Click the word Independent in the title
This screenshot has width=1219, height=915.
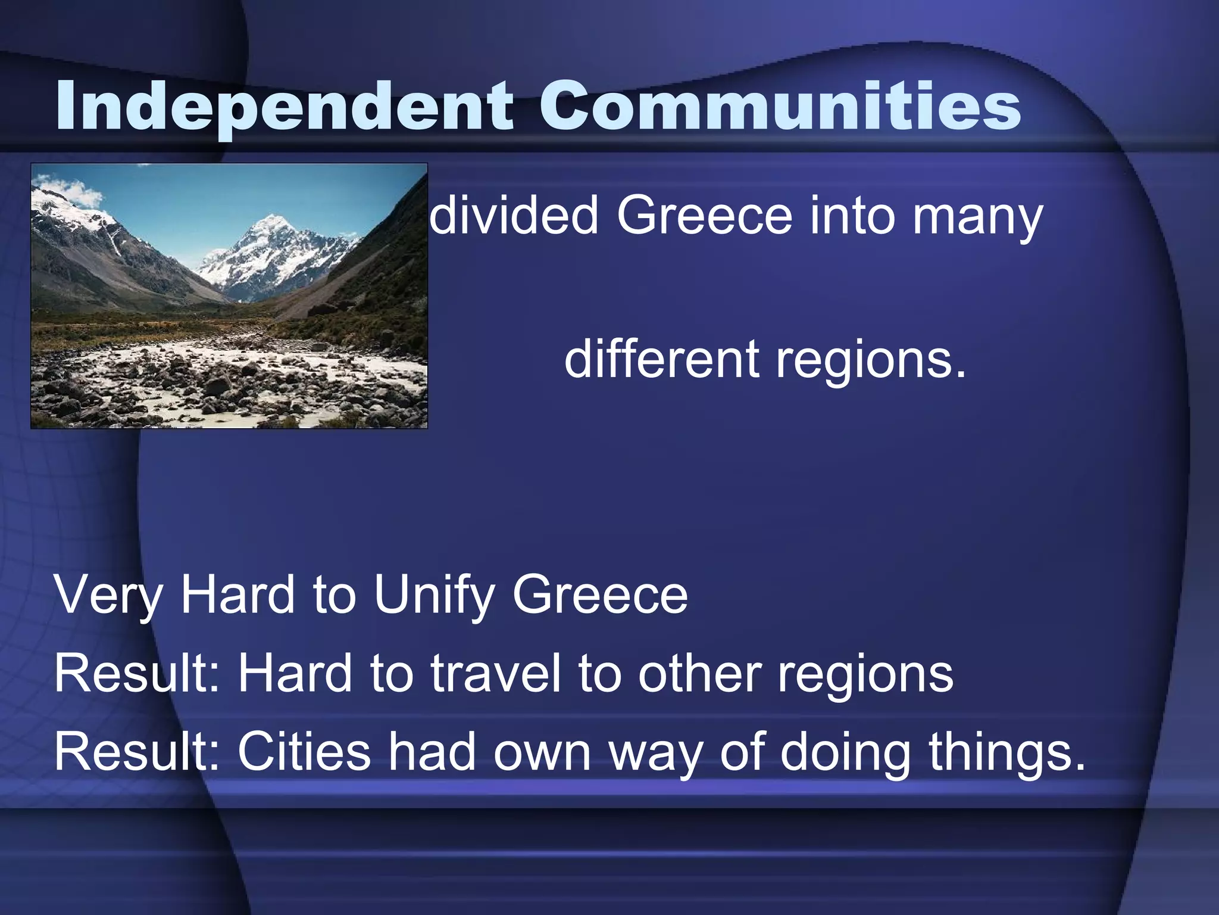point(283,107)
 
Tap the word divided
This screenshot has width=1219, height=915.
point(513,216)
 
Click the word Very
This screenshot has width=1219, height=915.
point(108,595)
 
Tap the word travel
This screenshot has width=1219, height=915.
point(495,674)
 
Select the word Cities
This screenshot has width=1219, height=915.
point(304,752)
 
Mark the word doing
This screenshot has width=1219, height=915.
point(845,753)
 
